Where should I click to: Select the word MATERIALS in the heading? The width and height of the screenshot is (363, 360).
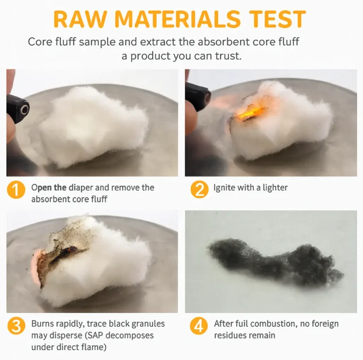(x=178, y=19)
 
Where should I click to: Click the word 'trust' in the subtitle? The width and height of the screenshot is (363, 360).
(x=228, y=56)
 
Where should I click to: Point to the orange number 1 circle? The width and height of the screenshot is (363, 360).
(x=16, y=190)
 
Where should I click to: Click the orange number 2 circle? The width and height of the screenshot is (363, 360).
(x=199, y=189)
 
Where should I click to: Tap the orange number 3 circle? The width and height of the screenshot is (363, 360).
(x=16, y=326)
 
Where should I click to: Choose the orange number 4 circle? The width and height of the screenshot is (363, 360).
(x=199, y=325)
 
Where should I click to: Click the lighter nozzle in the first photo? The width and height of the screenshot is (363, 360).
(x=24, y=110)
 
